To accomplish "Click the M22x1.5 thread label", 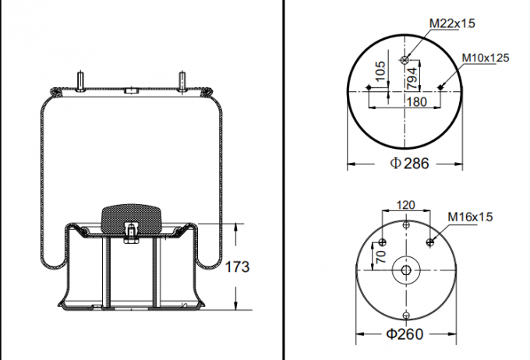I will point(452,24).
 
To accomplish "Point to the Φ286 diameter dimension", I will point(410,164).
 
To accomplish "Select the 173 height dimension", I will point(237,267).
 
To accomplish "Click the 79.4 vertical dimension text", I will point(411,76).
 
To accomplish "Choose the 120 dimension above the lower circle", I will point(406,205).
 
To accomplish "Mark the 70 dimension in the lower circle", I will point(381,255).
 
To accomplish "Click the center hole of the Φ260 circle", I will point(406,270).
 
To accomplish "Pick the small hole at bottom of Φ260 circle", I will point(406,315).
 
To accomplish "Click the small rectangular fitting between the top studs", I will point(131,91).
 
